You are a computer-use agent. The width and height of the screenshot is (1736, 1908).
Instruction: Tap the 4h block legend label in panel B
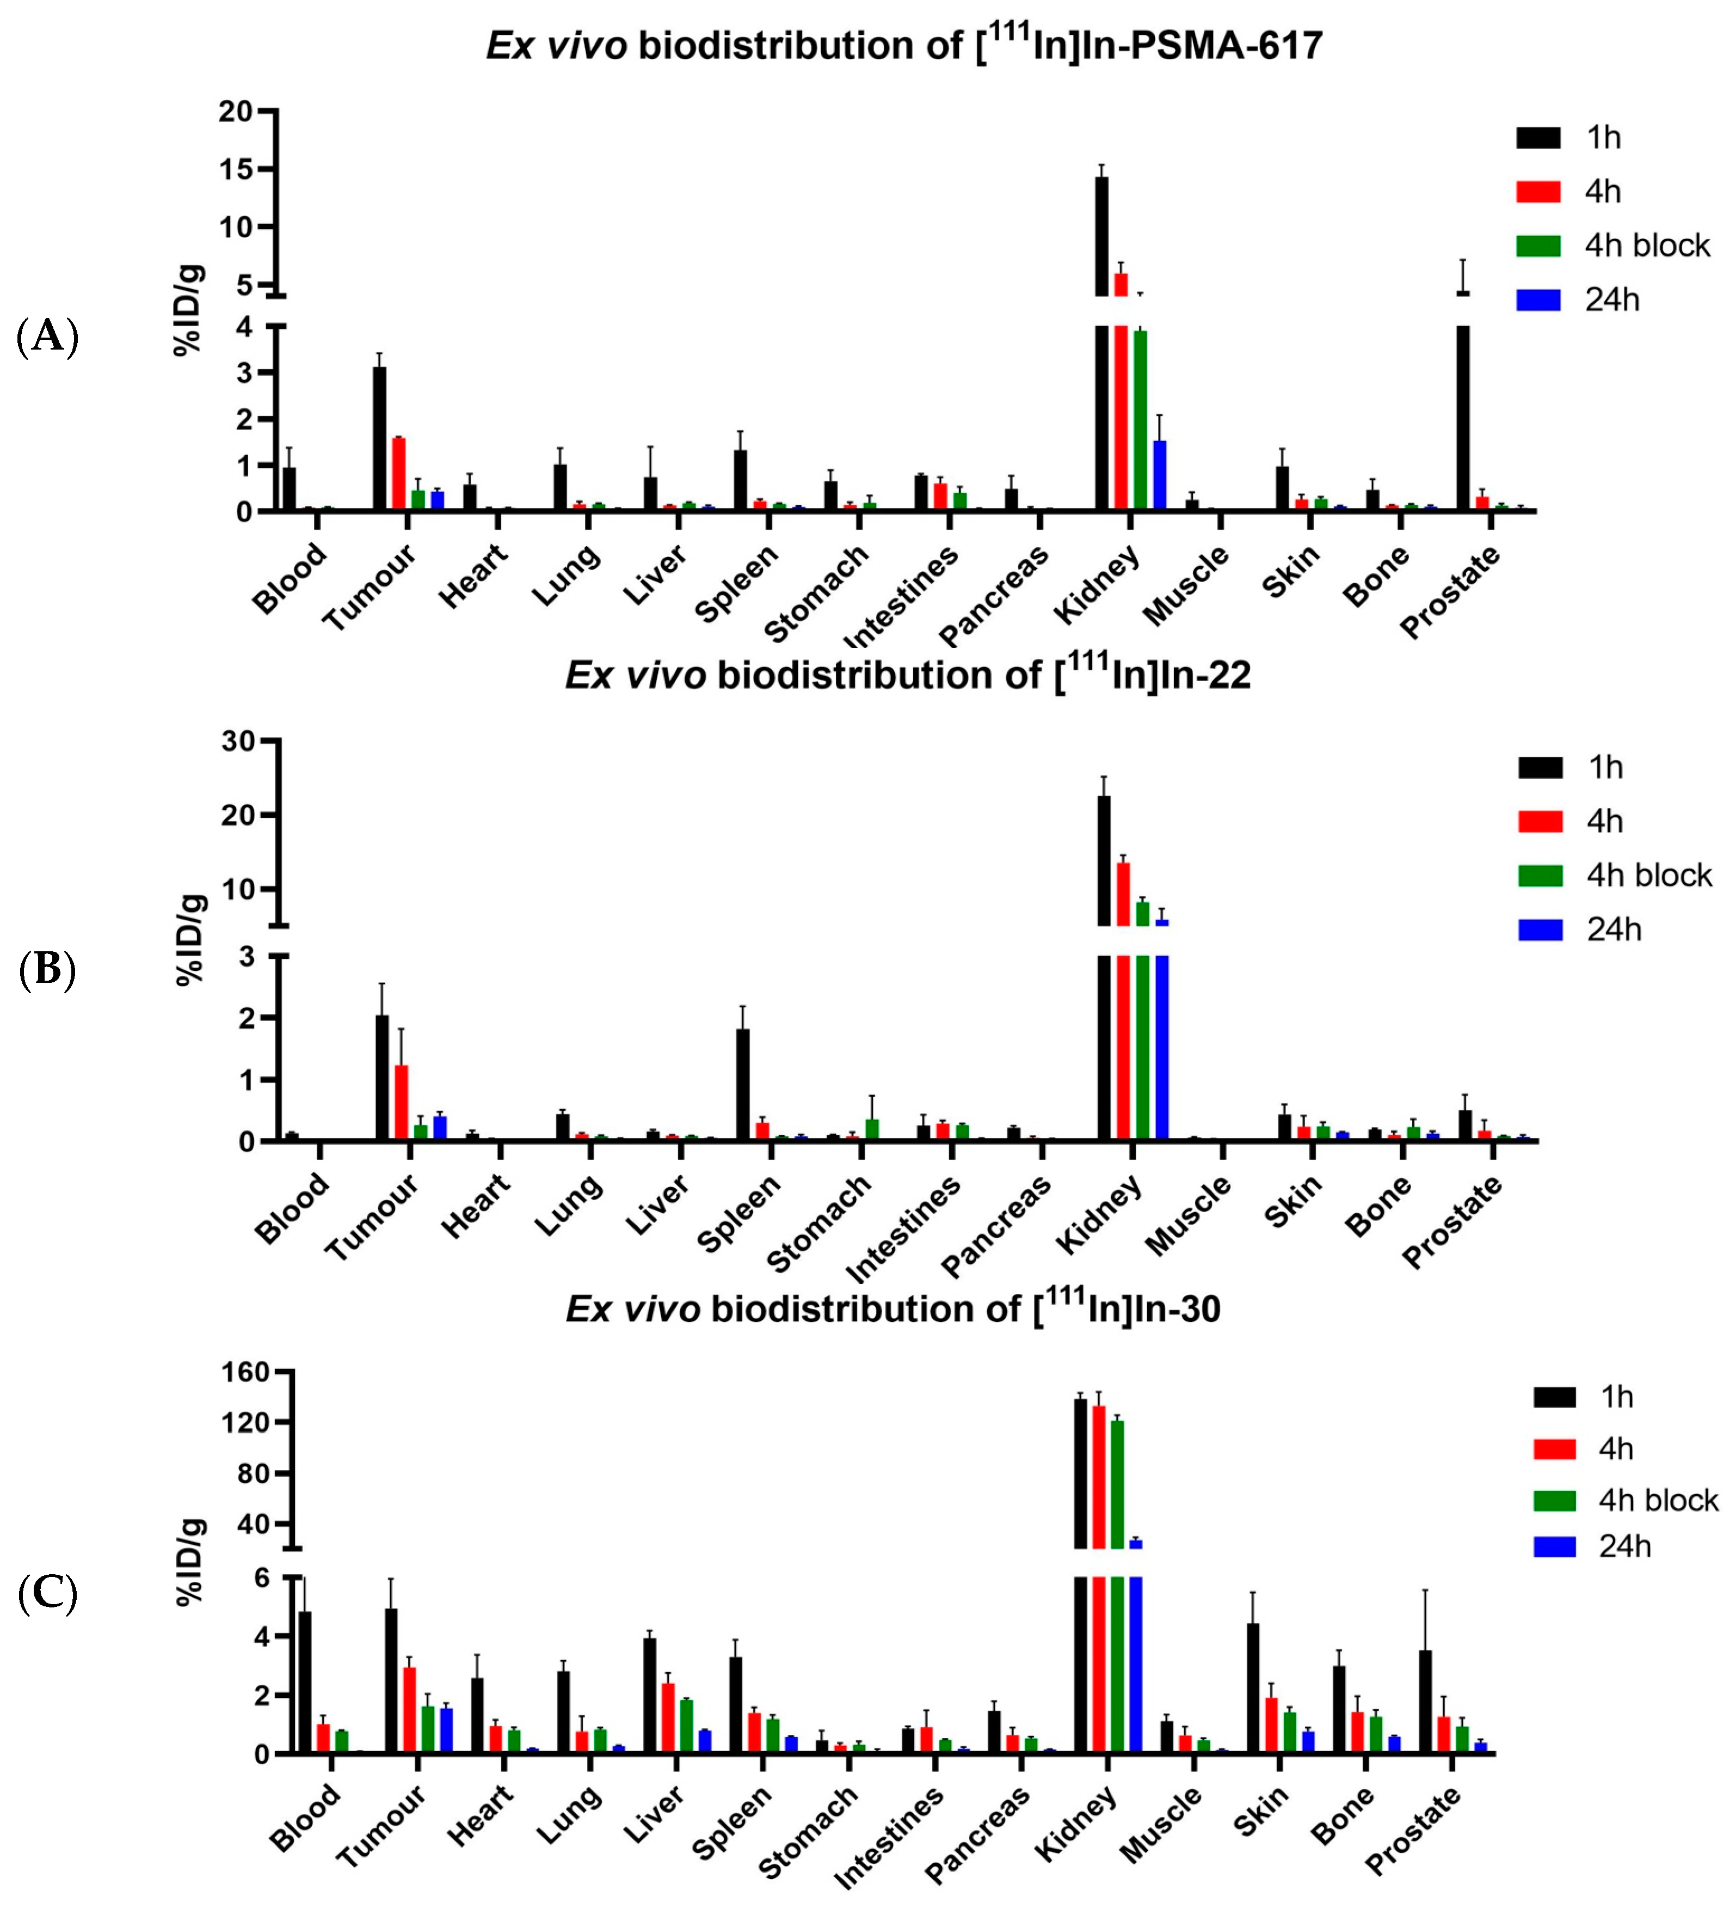(x=1649, y=876)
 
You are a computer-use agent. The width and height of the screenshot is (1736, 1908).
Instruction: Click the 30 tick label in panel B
(x=238, y=742)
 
